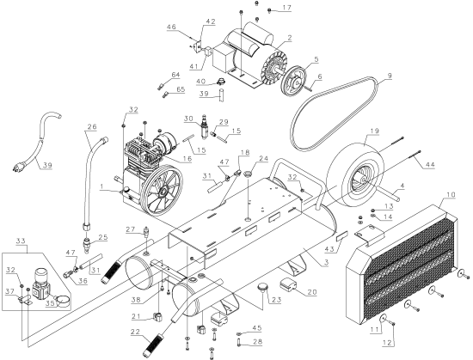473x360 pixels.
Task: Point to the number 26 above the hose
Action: (x=90, y=129)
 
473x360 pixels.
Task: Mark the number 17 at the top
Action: (x=287, y=8)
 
